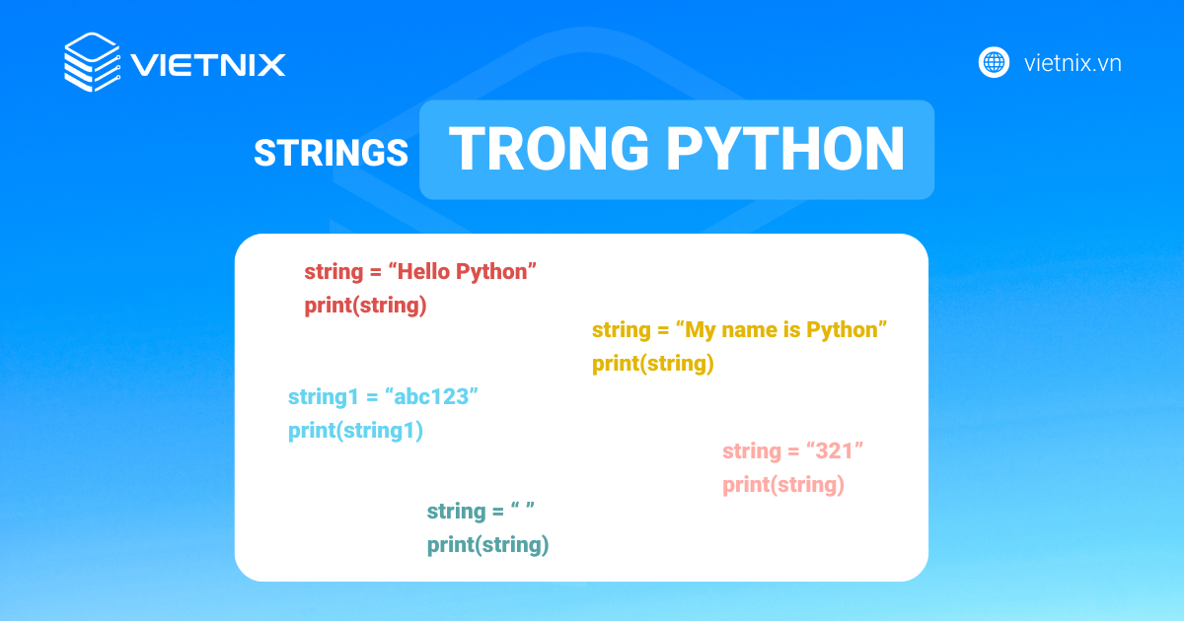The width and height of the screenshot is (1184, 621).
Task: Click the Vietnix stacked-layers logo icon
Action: (x=92, y=62)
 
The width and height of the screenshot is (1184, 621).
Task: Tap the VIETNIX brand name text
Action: (x=208, y=65)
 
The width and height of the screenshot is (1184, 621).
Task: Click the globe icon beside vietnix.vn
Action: (x=994, y=62)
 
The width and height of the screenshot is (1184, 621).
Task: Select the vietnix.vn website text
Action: (x=1073, y=63)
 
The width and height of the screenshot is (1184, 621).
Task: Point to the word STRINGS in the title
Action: (x=331, y=153)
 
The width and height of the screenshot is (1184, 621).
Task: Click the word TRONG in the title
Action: (x=549, y=149)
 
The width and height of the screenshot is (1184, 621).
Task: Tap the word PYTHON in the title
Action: (x=785, y=149)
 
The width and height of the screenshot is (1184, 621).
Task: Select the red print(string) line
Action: (x=365, y=306)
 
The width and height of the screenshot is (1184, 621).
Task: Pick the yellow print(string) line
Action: (x=653, y=364)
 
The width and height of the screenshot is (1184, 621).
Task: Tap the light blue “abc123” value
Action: (x=431, y=396)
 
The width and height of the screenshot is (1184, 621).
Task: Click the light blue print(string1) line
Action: (x=355, y=431)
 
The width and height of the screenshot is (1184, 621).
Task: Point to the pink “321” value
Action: (x=835, y=451)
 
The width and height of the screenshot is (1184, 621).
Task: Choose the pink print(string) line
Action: (x=783, y=485)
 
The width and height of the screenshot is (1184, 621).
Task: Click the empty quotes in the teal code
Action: (x=523, y=507)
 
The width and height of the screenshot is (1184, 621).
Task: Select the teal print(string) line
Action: (x=487, y=544)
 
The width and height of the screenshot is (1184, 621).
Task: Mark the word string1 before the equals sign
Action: (x=324, y=397)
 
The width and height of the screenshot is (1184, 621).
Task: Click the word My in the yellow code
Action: (x=700, y=330)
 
